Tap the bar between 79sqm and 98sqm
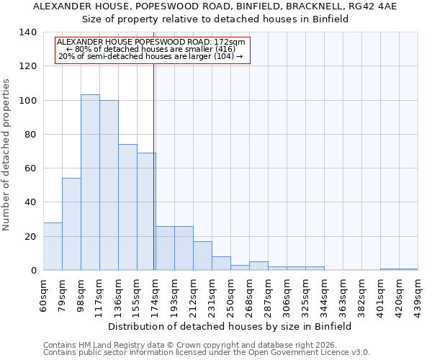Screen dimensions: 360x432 click(71, 224)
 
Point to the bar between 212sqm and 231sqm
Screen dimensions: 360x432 click(202, 256)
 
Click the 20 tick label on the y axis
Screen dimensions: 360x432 click(30, 236)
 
